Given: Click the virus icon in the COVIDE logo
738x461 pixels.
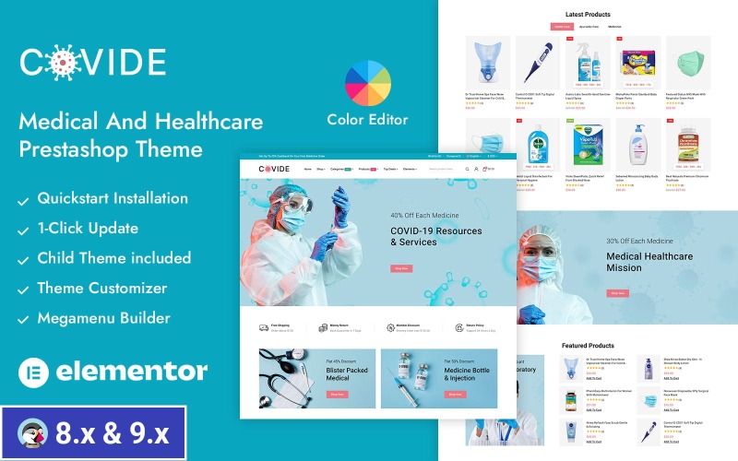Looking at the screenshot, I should [60, 62].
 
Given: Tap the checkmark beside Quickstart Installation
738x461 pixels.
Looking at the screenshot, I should [23, 198].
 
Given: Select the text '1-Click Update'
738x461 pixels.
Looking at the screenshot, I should [88, 228].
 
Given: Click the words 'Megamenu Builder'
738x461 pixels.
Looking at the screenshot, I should [103, 318].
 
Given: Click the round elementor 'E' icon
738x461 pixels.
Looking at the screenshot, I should [32, 371].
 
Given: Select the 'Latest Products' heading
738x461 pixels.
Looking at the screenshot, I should [588, 15].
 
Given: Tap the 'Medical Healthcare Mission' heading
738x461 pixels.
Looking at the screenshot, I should [649, 262].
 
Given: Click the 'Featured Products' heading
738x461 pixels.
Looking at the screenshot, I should [588, 345].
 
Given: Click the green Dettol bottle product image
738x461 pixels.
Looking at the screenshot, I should [537, 145].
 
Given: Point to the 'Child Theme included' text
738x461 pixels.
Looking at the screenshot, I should [113, 258].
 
